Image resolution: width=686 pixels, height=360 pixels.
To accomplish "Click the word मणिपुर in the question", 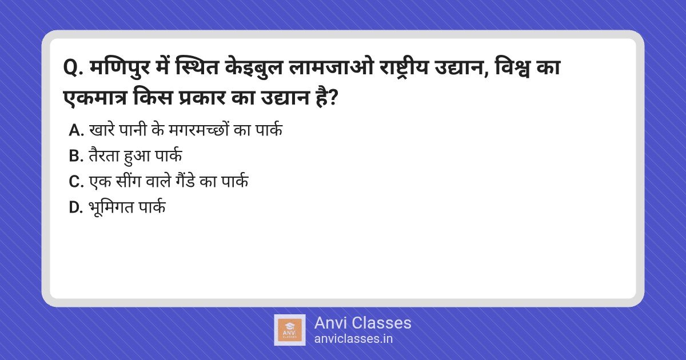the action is click(120, 68).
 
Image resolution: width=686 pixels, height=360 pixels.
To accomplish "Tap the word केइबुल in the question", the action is click(253, 67).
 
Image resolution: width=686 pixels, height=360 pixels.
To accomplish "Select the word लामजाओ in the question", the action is click(331, 67).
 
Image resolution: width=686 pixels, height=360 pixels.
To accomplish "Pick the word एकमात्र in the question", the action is click(95, 98).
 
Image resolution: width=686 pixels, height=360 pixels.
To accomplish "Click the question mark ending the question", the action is click(332, 98).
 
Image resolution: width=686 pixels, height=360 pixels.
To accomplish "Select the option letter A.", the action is click(76, 130).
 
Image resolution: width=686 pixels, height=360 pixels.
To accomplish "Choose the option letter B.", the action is click(76, 156).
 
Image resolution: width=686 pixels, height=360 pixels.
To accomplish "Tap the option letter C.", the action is click(76, 182).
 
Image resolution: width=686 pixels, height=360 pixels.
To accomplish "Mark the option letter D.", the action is click(76, 207).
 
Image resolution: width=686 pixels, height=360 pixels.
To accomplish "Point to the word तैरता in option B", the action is click(104, 155).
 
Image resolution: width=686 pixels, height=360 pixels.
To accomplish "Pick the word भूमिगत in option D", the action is click(111, 207).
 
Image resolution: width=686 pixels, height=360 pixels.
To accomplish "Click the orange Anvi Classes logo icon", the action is click(290, 330).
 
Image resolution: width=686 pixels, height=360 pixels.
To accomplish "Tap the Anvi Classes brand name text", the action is click(362, 323).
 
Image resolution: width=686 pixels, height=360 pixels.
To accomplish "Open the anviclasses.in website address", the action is click(353, 339).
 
